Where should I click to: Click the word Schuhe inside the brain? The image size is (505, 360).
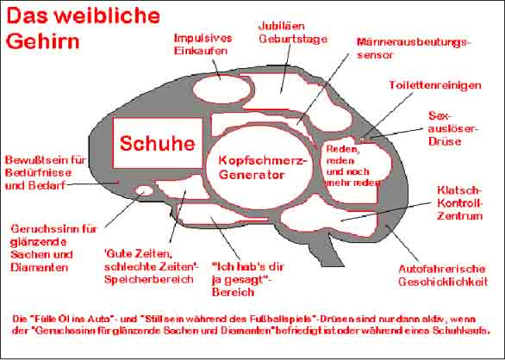[x=157, y=143]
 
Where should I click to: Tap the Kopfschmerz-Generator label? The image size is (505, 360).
[x=261, y=167]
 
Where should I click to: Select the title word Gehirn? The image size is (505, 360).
[x=42, y=41]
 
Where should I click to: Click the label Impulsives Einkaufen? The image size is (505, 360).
[x=203, y=44]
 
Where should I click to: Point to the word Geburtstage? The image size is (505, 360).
[x=293, y=39]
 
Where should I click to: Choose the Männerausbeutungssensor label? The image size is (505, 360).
[x=414, y=48]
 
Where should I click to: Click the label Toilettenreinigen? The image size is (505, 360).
[x=435, y=85]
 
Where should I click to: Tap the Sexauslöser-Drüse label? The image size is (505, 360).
[x=454, y=128]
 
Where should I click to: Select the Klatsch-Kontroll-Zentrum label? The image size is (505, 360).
[x=460, y=203]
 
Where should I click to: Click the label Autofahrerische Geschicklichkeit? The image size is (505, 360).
[x=443, y=276]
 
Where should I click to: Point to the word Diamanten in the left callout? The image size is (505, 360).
[x=40, y=267]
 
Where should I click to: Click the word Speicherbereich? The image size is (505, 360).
[x=149, y=279]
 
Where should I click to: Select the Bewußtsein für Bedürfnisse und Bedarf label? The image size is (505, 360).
[x=46, y=172]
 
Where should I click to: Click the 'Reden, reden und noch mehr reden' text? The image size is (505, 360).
[x=353, y=166]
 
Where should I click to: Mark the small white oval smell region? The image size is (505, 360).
[x=144, y=190]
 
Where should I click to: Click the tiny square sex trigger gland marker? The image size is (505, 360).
[x=362, y=140]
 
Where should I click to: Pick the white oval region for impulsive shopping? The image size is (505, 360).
[x=221, y=90]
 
